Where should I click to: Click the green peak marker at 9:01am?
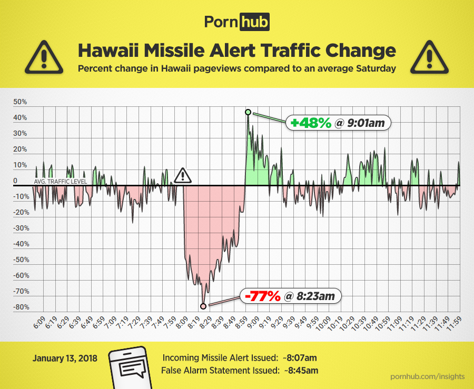pos(248,112)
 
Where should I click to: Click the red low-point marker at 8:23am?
pos(203,305)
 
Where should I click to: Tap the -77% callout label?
pos(290,296)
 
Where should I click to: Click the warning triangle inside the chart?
pos(182,175)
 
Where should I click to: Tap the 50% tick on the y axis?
pos(21,102)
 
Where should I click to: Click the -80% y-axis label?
pos(21,307)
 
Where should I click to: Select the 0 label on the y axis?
pos(15,181)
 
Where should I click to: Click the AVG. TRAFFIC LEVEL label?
pos(61,182)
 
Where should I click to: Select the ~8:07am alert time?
pos(300,358)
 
